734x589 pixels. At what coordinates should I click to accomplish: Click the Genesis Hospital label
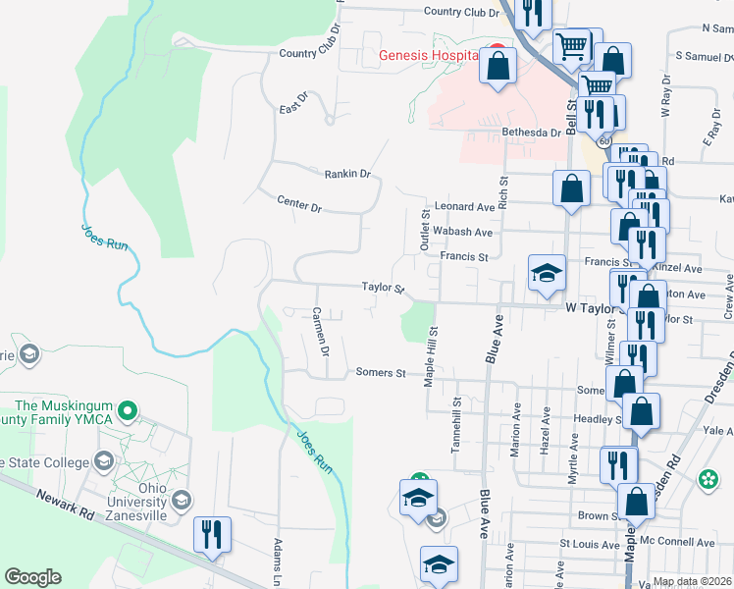[x=428, y=55]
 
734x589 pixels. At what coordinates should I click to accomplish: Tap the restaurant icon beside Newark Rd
[x=212, y=536]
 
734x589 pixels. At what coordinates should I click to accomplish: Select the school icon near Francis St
[x=547, y=274]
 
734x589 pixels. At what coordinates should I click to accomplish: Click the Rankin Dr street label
[x=347, y=174]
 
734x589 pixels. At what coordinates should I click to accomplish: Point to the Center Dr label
[x=299, y=207]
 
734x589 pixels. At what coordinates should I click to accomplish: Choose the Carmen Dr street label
[x=319, y=331]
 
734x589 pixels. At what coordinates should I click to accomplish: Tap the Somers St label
[x=381, y=373]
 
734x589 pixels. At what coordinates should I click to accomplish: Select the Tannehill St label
[x=455, y=424]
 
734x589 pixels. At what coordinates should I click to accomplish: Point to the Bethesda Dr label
[x=530, y=132]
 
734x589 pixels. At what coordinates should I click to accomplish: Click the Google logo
[x=32, y=577]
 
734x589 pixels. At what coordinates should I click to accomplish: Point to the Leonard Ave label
[x=465, y=207]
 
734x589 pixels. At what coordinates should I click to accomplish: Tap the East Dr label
[x=293, y=103]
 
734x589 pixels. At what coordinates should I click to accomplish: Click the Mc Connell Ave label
[x=677, y=542]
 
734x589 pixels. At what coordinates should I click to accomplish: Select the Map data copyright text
[x=691, y=581]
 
